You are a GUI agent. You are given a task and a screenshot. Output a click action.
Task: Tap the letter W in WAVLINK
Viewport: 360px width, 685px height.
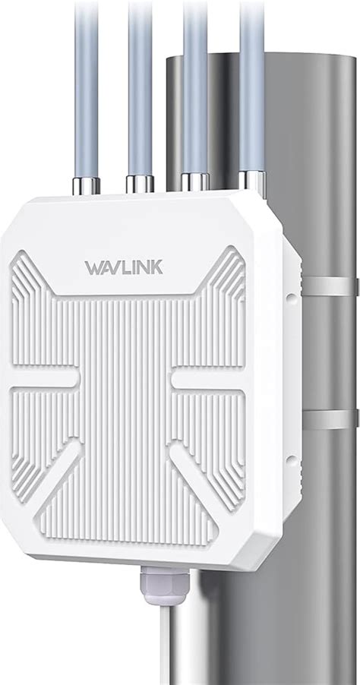[x=95, y=268]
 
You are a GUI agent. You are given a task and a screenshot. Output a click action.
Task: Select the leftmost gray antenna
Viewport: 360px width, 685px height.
[x=86, y=84]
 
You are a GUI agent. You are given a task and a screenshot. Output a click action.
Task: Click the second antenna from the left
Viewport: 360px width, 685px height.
[x=141, y=84]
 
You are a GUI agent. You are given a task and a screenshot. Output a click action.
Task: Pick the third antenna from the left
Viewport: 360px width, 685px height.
[x=196, y=84]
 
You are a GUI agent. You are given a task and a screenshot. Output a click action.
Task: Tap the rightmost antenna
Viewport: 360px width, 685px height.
[x=252, y=84]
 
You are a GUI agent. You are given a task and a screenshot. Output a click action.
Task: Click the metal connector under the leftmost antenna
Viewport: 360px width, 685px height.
[x=86, y=185]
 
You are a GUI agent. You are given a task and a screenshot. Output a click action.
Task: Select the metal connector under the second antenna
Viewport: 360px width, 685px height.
[x=141, y=183]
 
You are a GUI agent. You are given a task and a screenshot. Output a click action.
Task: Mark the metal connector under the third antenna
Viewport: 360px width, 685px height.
[x=196, y=182]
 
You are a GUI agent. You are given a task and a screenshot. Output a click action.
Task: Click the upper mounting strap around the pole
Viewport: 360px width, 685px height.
[x=330, y=286]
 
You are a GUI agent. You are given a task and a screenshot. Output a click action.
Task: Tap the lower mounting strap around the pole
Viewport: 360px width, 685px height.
[x=330, y=418]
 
